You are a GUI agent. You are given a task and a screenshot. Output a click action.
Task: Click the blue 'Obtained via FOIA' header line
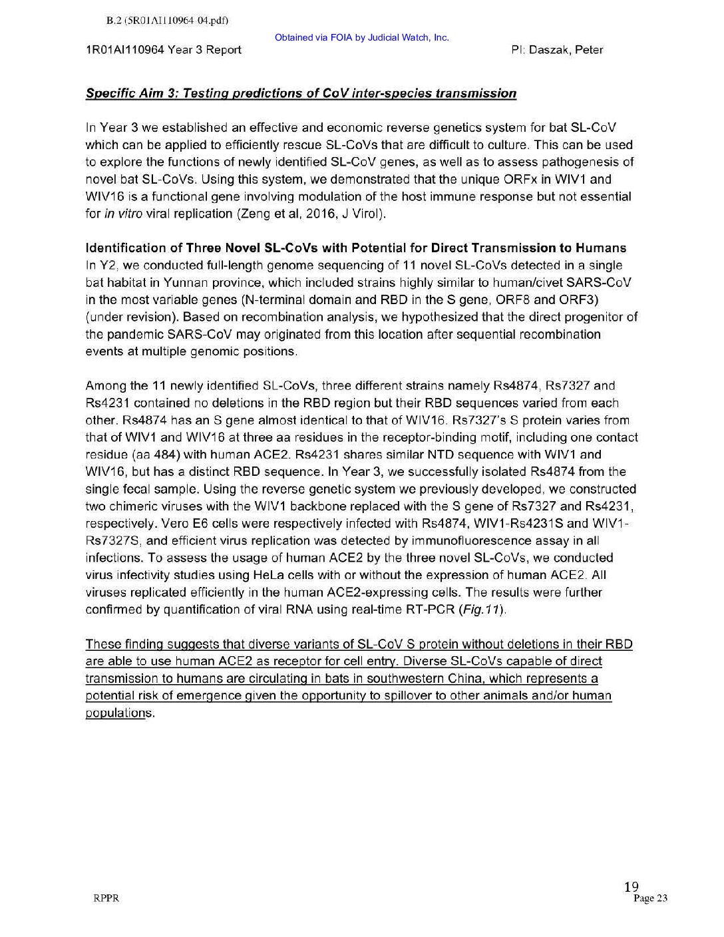(x=361, y=37)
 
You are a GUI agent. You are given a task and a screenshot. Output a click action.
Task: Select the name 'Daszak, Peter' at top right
(x=566, y=50)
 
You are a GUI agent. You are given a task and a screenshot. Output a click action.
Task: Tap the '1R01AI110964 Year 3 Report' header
(x=164, y=50)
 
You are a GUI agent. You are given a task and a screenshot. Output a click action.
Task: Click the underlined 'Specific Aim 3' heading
(x=301, y=93)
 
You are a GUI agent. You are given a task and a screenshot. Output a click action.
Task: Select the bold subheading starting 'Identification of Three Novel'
(x=356, y=248)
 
